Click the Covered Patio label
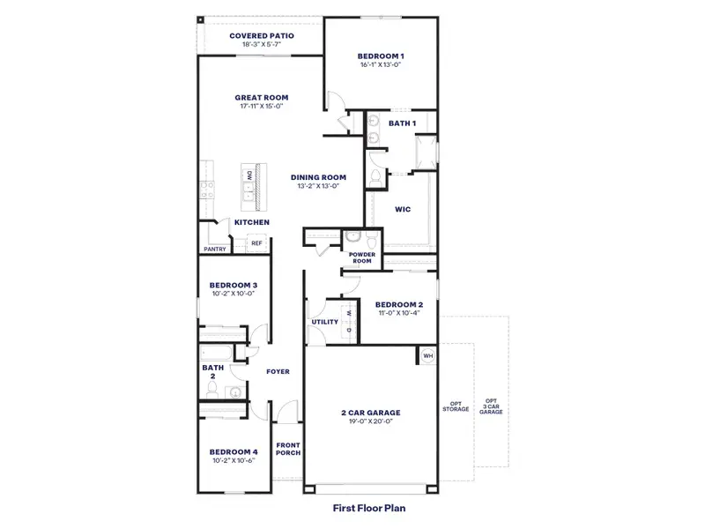[x=261, y=36]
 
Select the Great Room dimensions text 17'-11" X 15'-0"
[x=261, y=107]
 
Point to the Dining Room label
[x=318, y=177]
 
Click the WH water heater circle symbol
[x=428, y=356]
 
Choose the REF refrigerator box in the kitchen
[x=257, y=242]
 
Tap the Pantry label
[x=215, y=249]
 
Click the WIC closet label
[x=401, y=210]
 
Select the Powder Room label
[x=361, y=257]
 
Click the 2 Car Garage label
[x=370, y=412]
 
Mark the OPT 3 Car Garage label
[x=491, y=406]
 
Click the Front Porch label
[x=288, y=449]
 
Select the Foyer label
[x=278, y=371]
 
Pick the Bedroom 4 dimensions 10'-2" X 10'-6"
[x=232, y=460]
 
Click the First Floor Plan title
[x=368, y=508]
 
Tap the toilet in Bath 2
[x=234, y=392]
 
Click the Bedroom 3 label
[x=233, y=285]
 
